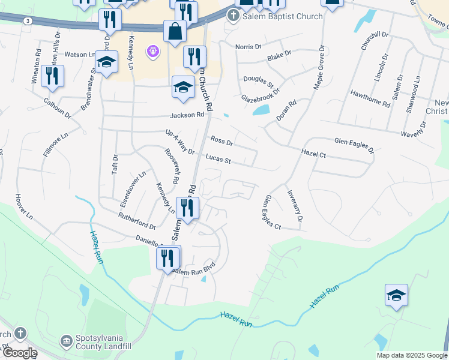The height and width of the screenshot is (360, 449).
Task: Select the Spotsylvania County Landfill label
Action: [x=103, y=342]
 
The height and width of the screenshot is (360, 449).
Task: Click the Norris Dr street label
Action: [x=249, y=46]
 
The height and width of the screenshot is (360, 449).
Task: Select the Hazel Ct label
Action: [x=313, y=154]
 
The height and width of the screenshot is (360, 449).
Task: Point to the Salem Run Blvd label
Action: [x=193, y=271]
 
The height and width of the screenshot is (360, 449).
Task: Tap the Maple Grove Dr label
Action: [x=319, y=68]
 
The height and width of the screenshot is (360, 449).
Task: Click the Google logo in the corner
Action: [x=19, y=353]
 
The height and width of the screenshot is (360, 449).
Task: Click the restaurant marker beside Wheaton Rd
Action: [x=52, y=77]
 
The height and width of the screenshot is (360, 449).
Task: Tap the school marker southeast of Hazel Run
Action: [x=396, y=296]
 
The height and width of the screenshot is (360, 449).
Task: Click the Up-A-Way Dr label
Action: [x=180, y=142]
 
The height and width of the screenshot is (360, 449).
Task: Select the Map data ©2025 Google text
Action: [x=412, y=355]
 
